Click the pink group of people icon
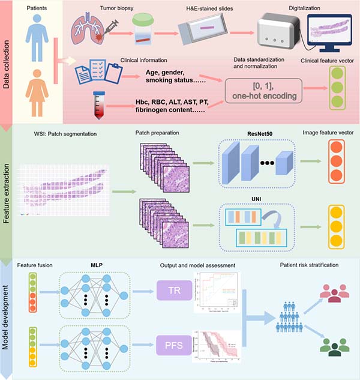pos(333,294)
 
